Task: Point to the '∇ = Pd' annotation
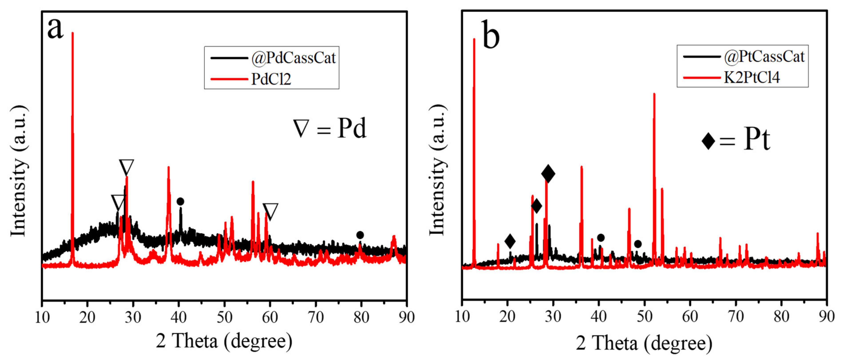330,129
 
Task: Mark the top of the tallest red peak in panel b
474,39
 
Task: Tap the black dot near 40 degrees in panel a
180,202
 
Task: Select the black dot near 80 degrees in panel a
360,235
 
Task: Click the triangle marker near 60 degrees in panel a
270,211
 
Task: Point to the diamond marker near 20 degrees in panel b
510,241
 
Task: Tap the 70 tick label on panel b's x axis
736,316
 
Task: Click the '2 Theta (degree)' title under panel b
644,343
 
